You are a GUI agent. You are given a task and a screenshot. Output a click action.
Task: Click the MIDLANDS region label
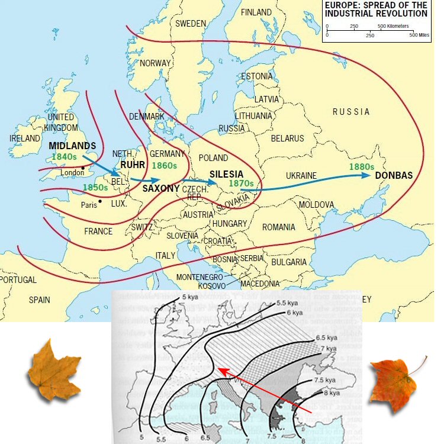(72, 146)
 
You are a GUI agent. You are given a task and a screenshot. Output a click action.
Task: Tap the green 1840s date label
(64, 157)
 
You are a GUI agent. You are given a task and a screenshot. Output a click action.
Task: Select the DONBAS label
(394, 176)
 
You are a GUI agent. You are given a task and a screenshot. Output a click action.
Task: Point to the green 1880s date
(361, 167)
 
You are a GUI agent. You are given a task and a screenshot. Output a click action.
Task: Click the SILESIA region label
(226, 174)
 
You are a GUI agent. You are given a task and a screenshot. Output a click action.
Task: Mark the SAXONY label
(161, 188)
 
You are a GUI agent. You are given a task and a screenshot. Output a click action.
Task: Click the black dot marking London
(83, 168)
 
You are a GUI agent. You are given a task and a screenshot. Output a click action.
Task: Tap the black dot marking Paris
(101, 202)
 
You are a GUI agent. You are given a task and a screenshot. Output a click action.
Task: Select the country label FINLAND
(256, 12)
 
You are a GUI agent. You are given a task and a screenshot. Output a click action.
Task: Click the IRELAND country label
(24, 139)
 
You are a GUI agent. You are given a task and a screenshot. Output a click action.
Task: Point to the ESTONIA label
(257, 77)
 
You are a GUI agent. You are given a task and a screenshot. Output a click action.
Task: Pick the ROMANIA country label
(278, 227)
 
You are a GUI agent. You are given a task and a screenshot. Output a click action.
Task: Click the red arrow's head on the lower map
(220, 370)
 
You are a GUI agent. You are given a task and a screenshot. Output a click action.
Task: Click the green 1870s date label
(242, 184)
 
